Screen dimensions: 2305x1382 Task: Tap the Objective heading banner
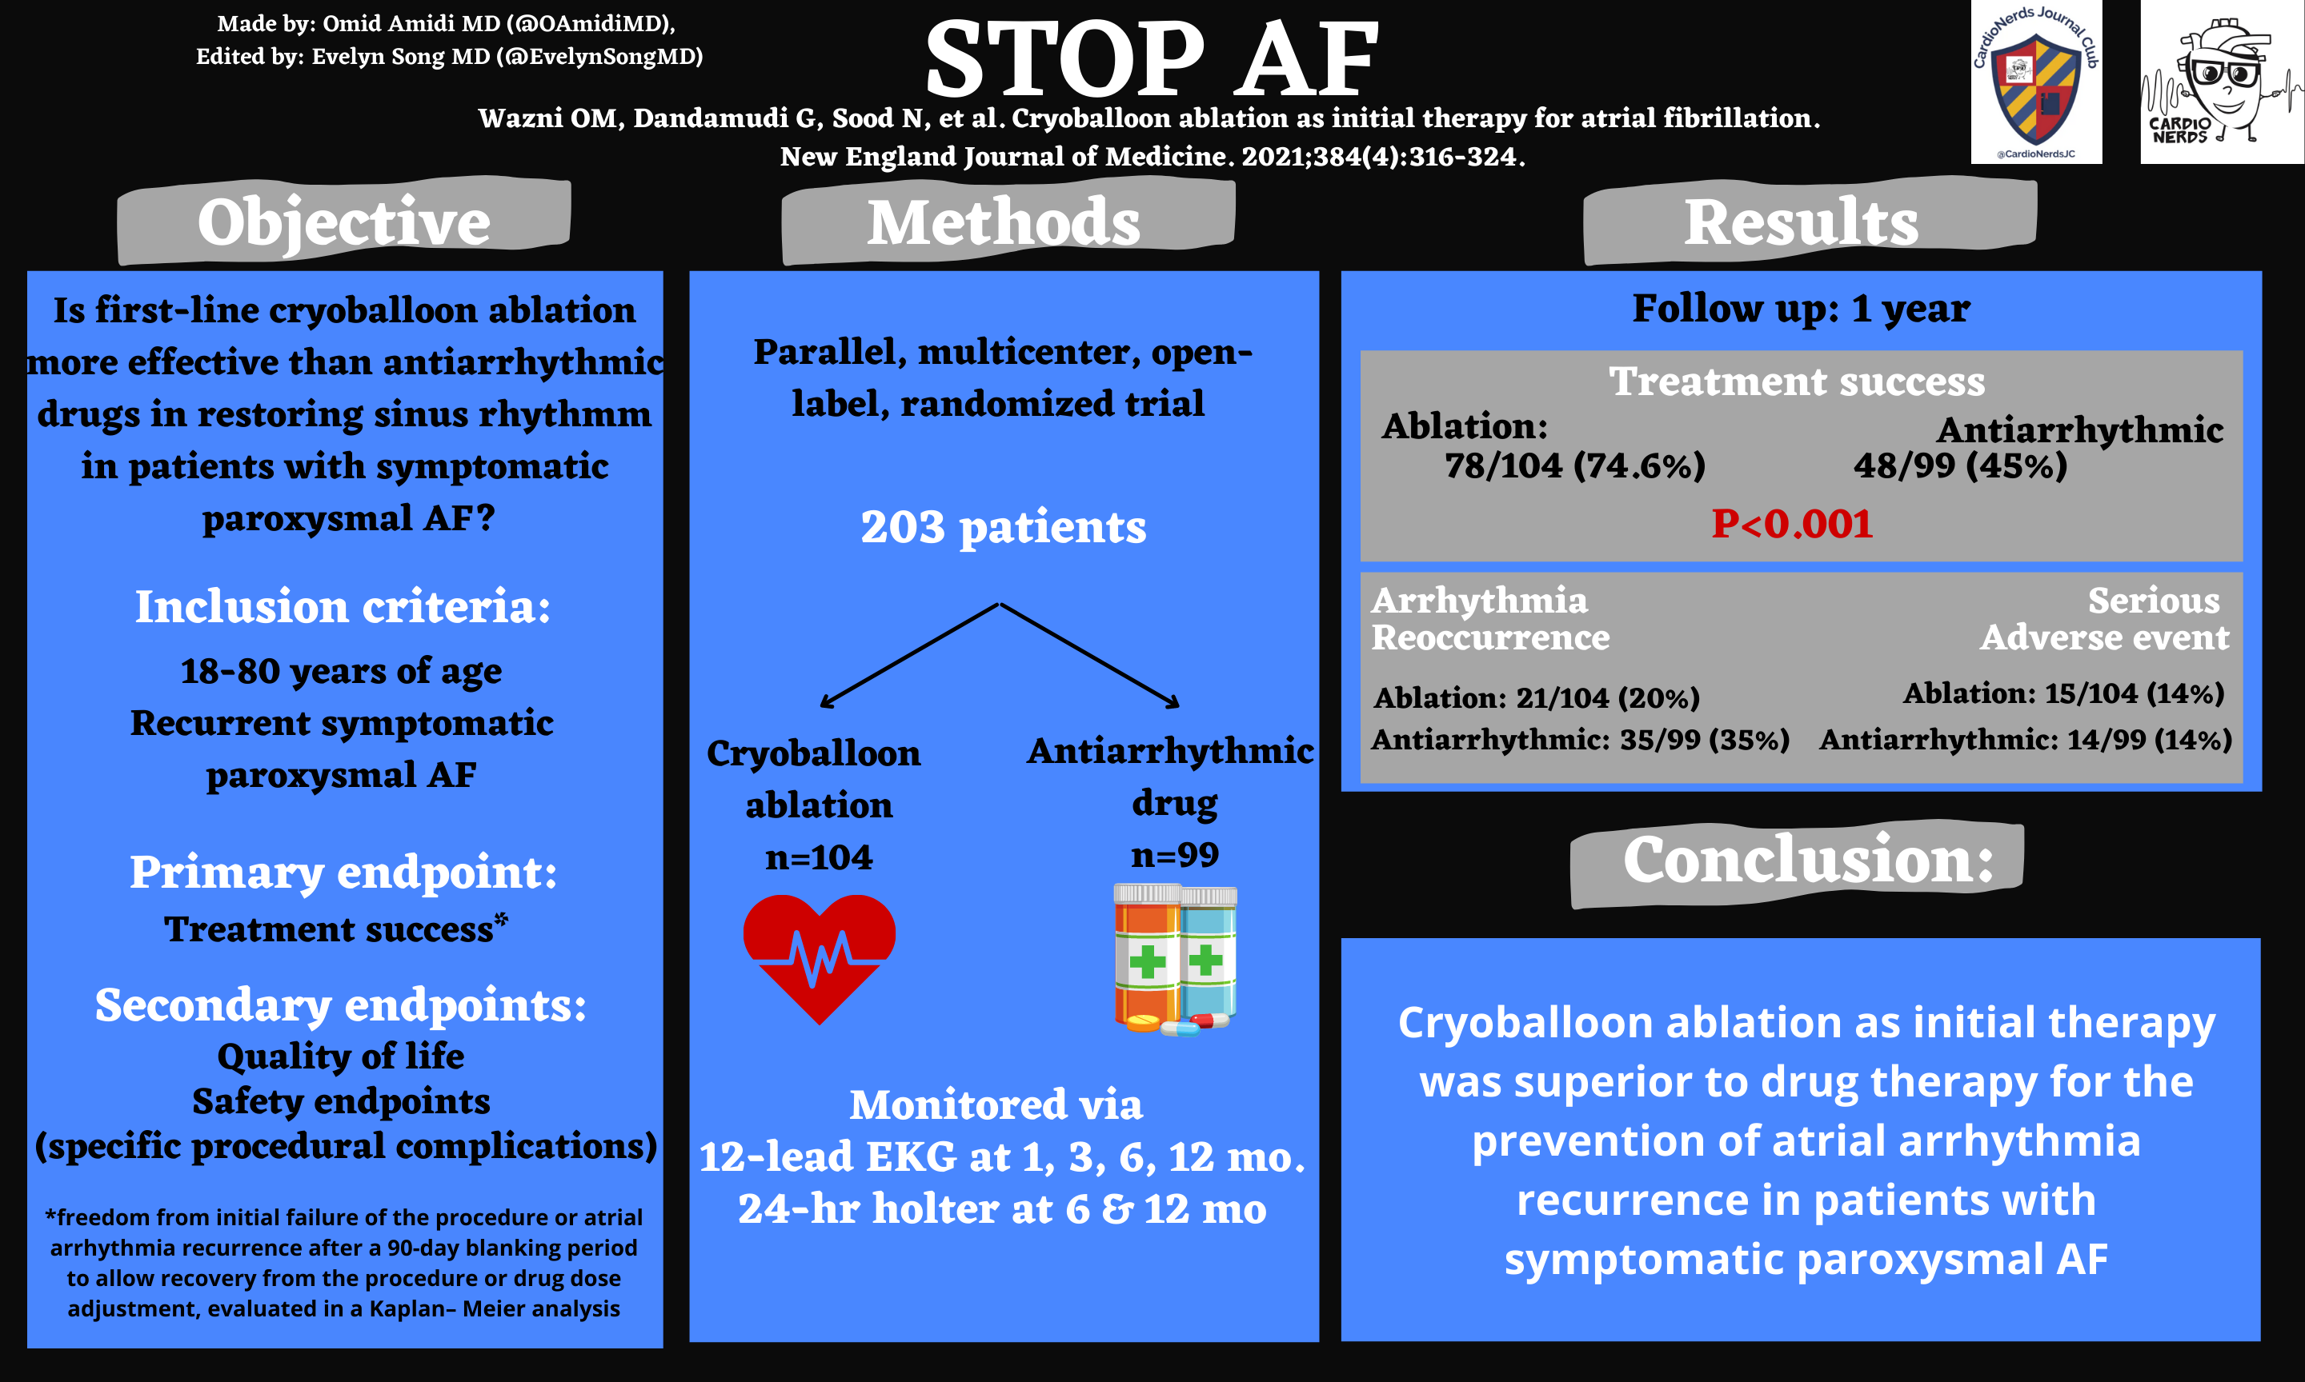click(x=344, y=222)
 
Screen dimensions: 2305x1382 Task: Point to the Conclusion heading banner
click(x=1798, y=862)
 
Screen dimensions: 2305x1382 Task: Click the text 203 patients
click(x=1004, y=527)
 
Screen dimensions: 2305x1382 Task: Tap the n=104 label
click(x=819, y=857)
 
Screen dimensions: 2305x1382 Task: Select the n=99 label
click(x=1175, y=854)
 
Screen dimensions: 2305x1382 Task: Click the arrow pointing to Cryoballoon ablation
click(x=909, y=656)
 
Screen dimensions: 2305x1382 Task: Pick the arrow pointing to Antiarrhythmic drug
click(x=1090, y=656)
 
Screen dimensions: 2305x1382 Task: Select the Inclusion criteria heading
click(x=343, y=606)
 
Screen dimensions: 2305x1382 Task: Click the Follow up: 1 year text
click(x=1801, y=308)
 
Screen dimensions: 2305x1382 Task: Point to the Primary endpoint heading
click(x=343, y=873)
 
